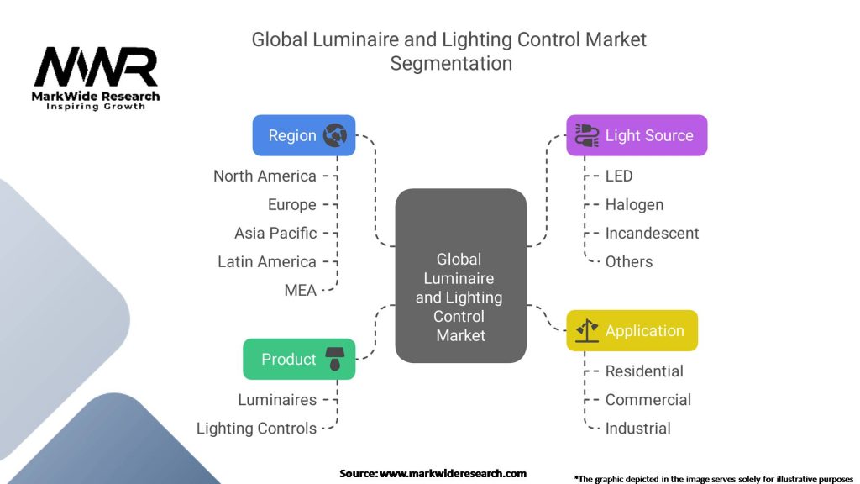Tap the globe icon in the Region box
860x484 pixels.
[x=335, y=135]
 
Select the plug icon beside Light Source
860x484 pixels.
[x=585, y=135]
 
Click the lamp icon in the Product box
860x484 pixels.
[x=335, y=360]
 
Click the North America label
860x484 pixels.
[x=265, y=176]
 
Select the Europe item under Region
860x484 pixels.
[x=292, y=204]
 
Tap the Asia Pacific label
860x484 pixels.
[x=275, y=233]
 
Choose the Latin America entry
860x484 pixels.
[x=267, y=261]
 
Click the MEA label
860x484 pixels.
[x=301, y=290]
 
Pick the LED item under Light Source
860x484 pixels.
[x=619, y=176]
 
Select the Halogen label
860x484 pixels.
[x=634, y=204]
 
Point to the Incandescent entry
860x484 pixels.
[x=652, y=233]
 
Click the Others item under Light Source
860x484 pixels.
[x=629, y=261]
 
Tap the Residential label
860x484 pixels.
[x=644, y=371]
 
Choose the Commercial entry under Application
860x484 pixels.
[x=648, y=399]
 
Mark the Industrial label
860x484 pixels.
[x=637, y=428]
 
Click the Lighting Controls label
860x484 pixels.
[x=256, y=428]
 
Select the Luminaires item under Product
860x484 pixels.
[x=277, y=399]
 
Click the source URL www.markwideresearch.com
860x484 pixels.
[x=454, y=473]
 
